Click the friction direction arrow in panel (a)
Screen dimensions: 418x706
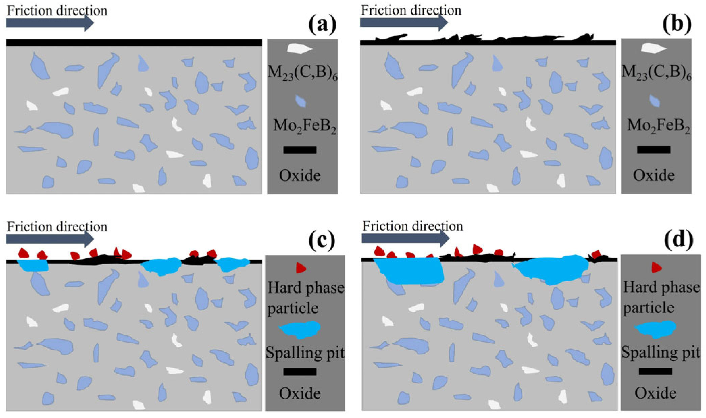[x=49, y=23]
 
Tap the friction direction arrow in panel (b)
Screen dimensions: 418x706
[x=403, y=23]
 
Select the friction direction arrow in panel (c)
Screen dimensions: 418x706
[x=49, y=239]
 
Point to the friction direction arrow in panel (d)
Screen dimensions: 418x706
[x=405, y=239]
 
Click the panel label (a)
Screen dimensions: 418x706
[x=322, y=25]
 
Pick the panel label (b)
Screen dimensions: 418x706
[x=677, y=24]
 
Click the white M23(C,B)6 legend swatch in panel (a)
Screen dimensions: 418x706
[x=300, y=48]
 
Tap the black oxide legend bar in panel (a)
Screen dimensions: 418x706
[x=300, y=150]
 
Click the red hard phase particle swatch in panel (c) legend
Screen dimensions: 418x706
[x=300, y=268]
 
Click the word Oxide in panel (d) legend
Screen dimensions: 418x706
[x=655, y=393]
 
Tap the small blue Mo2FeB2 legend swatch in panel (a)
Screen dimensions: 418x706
[x=300, y=101]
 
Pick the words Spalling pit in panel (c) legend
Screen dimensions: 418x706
[x=305, y=353]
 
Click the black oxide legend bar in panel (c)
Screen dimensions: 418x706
[x=300, y=372]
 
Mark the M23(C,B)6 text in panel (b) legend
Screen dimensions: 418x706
[x=656, y=73]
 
